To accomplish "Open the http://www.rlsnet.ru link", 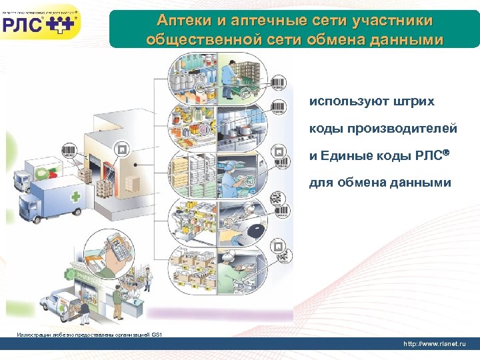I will coord(435,343).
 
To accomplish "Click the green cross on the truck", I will coord(75,197).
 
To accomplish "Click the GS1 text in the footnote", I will coord(157,334).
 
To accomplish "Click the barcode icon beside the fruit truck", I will coord(69,151).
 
